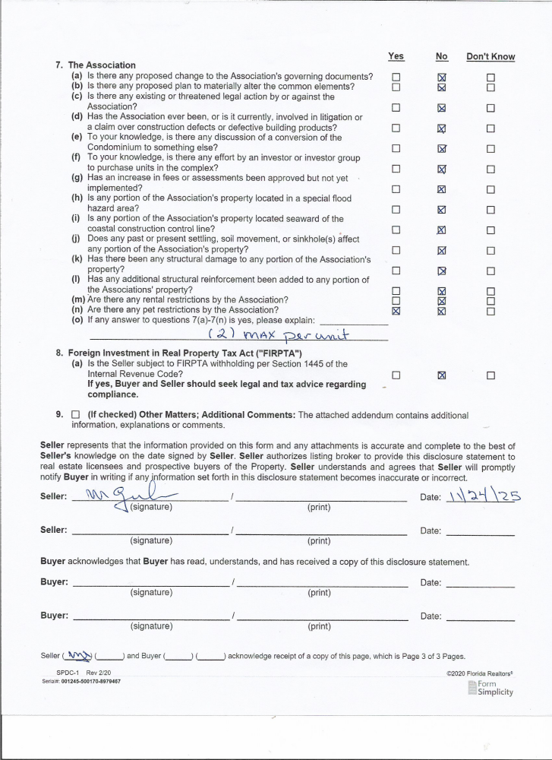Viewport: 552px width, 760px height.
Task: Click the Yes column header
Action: pos(396,56)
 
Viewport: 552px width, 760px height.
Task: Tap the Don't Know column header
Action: pos(490,56)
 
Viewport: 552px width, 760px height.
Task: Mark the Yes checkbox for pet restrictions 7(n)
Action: pos(396,310)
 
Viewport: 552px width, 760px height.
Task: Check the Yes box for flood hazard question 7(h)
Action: pos(396,210)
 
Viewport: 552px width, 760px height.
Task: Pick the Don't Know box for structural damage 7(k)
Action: pos(490,270)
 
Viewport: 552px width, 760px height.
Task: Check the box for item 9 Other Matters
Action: pos(75,415)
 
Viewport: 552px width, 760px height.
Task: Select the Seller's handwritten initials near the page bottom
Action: pos(78,655)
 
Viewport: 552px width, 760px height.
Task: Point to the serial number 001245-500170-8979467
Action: pos(80,682)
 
